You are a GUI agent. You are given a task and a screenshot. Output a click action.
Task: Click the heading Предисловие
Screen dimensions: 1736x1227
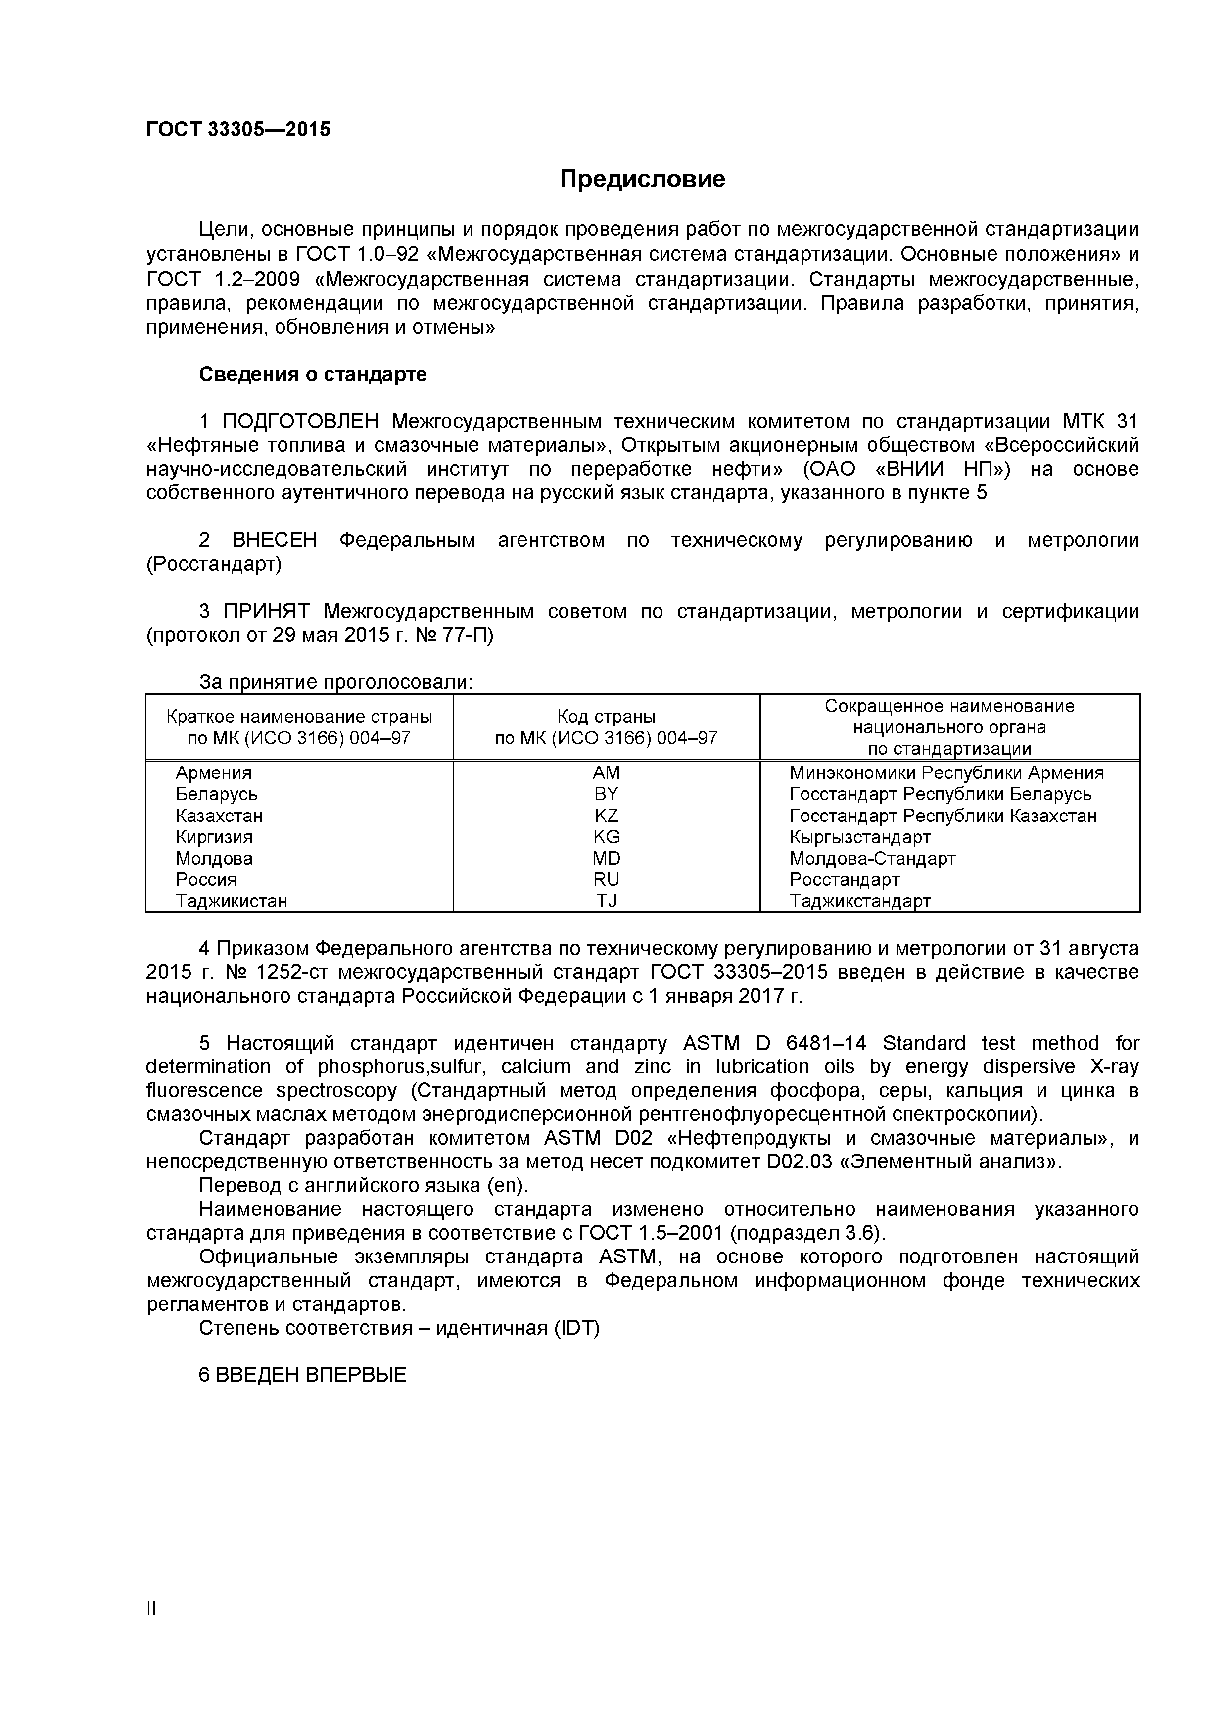[642, 179]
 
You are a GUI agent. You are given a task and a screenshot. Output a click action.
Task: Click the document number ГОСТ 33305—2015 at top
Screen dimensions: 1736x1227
[238, 130]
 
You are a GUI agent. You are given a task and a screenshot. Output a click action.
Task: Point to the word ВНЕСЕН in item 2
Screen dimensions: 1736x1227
[275, 540]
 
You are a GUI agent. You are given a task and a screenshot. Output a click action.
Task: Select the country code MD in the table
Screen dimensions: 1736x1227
[606, 858]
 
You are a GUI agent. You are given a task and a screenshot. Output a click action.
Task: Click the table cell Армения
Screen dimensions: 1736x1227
[213, 772]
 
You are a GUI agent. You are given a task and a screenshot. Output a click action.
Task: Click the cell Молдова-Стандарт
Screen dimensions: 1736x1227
[872, 858]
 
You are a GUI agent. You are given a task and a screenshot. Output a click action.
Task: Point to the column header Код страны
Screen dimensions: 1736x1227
[606, 717]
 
